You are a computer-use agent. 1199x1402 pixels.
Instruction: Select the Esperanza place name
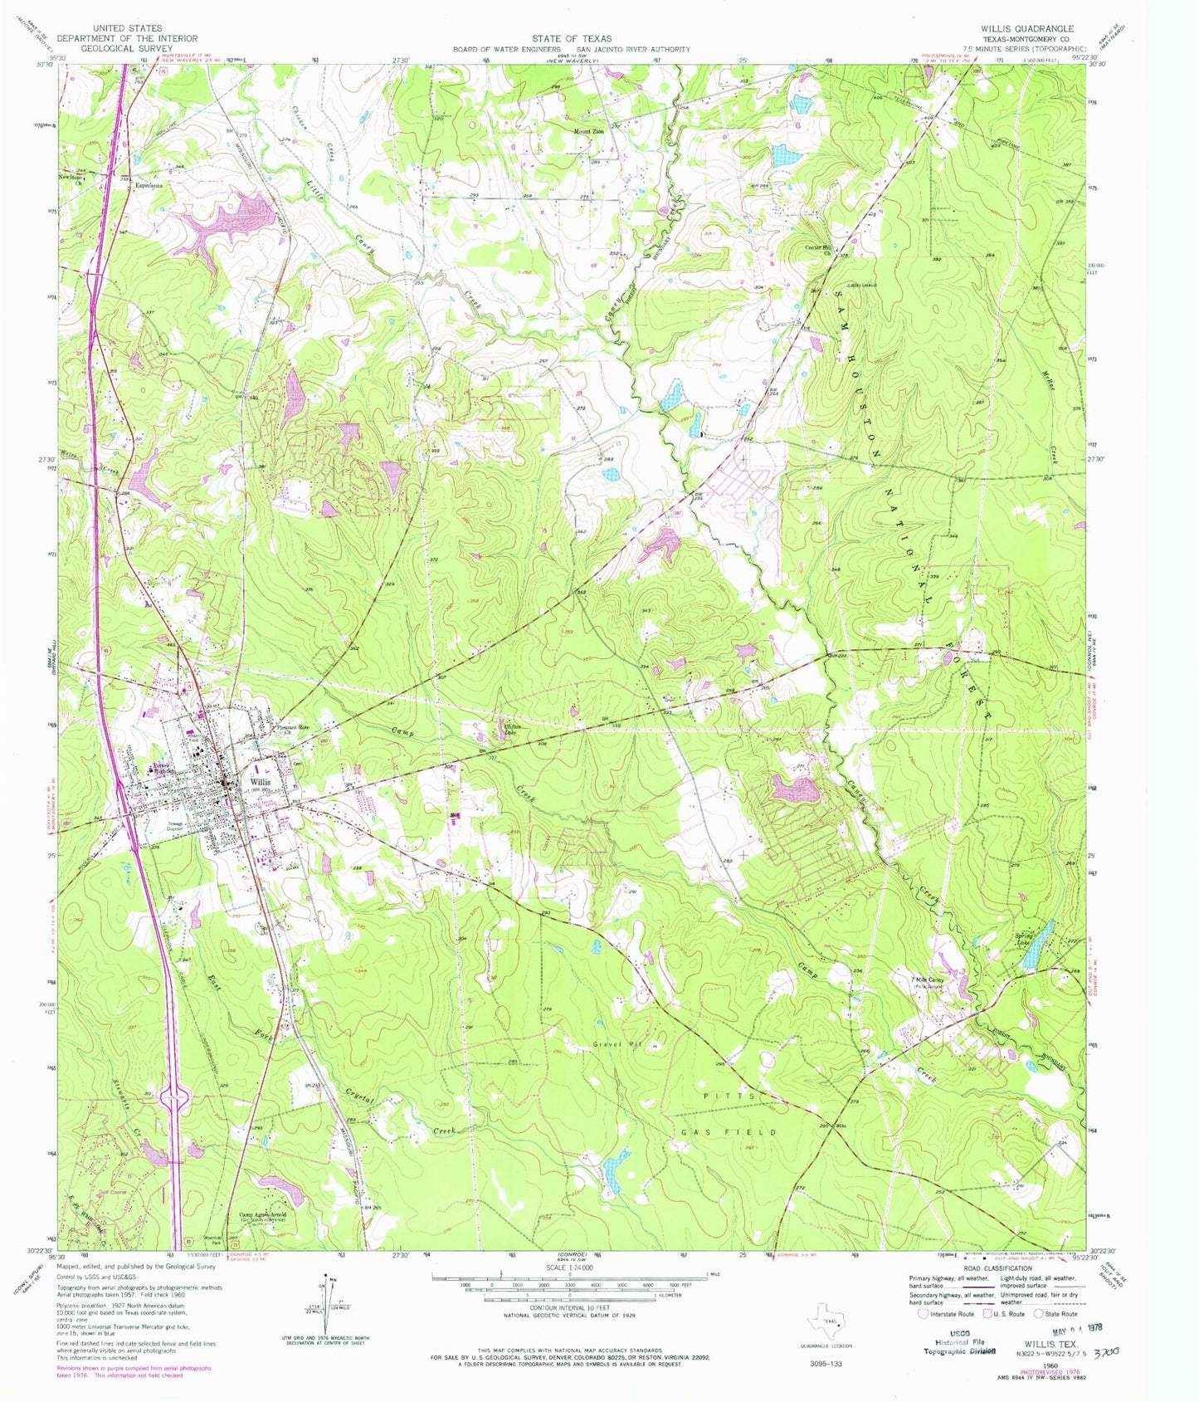150,186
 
